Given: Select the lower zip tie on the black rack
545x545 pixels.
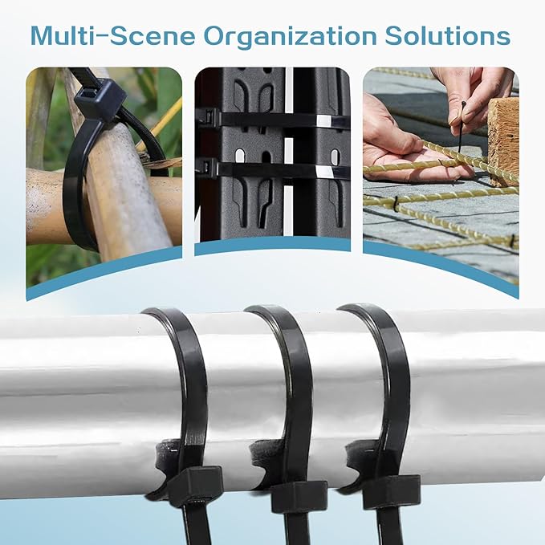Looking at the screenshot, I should tap(273, 169).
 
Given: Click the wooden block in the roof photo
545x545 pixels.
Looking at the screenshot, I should tap(503, 136).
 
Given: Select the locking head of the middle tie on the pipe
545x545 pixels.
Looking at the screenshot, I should tap(299, 495).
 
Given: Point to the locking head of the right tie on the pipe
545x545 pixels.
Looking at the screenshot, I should tap(391, 490).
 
